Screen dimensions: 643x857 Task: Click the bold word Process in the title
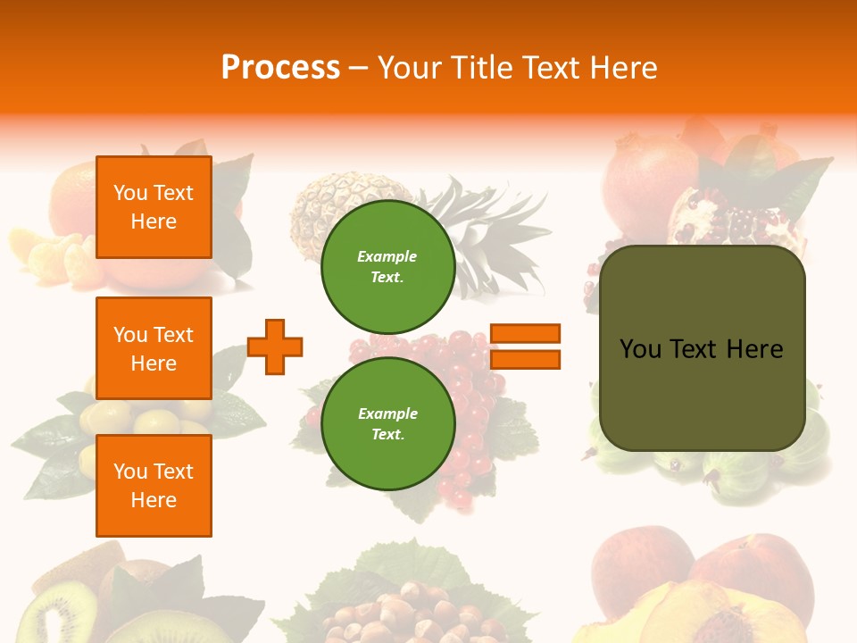tap(280, 67)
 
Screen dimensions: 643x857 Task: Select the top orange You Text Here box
tap(154, 207)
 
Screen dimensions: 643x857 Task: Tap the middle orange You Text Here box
tap(154, 348)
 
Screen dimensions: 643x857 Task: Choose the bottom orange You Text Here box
tap(154, 486)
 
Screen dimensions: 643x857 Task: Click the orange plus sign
tap(275, 347)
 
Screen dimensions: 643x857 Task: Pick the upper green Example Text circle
tap(387, 267)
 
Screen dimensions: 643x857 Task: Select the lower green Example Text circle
tap(387, 423)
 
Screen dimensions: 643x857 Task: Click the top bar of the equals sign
tap(525, 333)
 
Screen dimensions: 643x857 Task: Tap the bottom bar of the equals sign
tap(525, 359)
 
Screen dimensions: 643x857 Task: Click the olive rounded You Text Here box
tap(702, 348)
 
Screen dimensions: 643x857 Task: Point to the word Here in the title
tap(622, 68)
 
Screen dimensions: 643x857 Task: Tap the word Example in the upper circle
tap(387, 257)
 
